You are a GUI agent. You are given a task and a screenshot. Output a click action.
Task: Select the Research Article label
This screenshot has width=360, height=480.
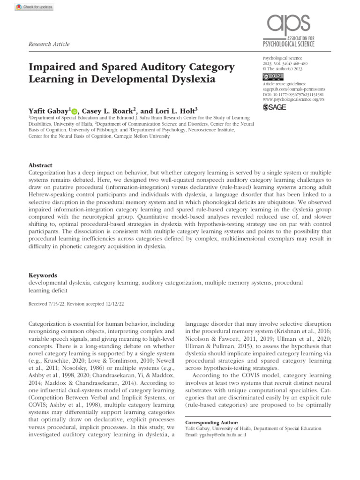pyautogui.click(x=49, y=44)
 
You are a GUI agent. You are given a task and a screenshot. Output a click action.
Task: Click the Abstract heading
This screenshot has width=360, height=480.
pyautogui.click(x=40, y=165)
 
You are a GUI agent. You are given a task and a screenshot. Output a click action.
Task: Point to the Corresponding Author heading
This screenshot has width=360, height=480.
pyautogui.click(x=212, y=422)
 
